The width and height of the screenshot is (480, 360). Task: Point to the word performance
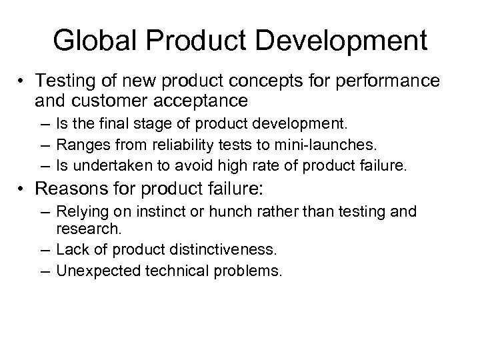391,81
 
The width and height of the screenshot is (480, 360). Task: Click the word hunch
247,212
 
